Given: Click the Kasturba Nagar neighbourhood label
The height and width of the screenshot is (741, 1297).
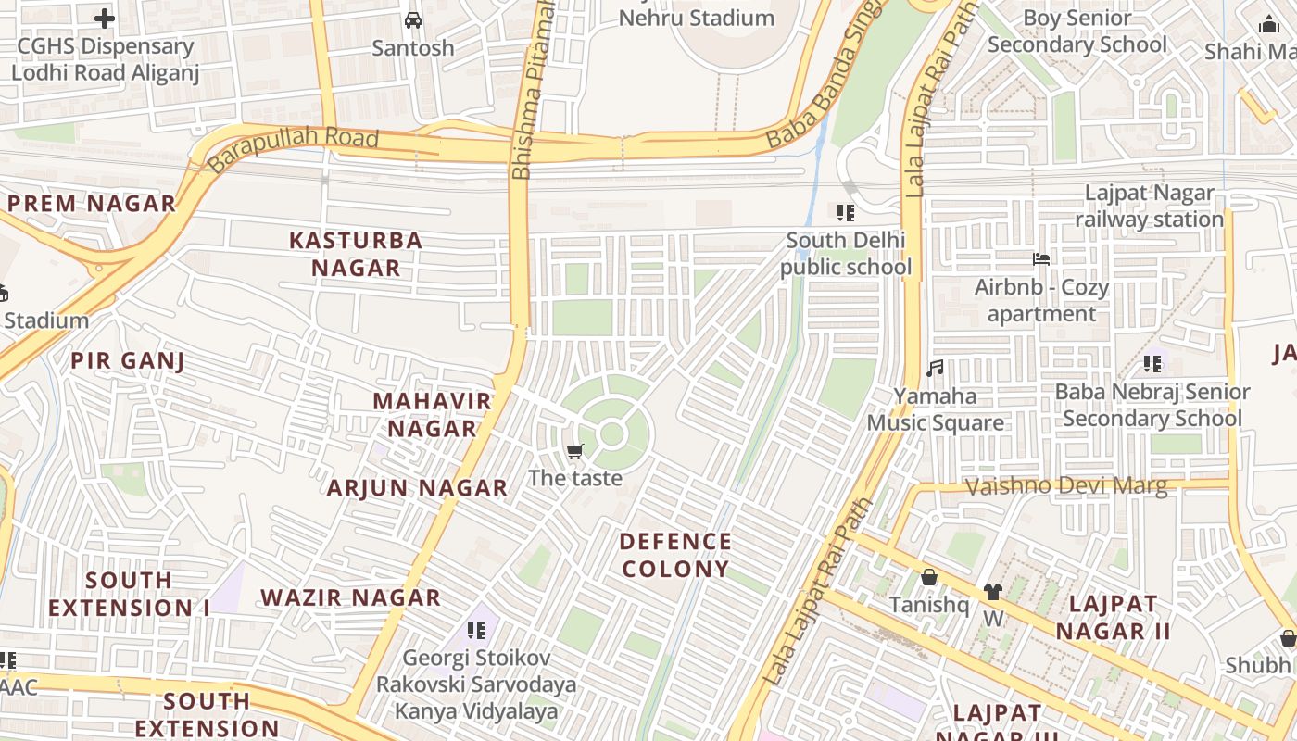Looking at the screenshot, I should [x=356, y=254].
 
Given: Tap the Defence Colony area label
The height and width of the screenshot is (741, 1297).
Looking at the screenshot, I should [x=675, y=555].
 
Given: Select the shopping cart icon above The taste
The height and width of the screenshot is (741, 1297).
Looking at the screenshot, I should [x=574, y=452].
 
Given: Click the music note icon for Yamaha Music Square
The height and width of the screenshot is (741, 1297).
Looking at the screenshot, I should [x=935, y=369].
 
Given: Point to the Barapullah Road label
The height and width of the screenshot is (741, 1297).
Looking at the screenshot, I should [x=294, y=149].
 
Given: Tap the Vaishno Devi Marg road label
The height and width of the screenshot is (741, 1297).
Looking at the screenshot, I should [x=1066, y=486].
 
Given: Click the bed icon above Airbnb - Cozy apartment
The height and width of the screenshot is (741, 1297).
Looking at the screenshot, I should [x=1041, y=259].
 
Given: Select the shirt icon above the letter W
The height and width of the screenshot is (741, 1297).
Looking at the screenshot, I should [x=993, y=592].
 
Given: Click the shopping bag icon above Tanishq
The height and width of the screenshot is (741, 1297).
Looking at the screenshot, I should [x=929, y=578].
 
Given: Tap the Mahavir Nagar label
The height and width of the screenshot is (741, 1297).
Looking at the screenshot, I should [x=432, y=415].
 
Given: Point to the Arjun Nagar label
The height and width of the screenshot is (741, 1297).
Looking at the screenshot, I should [x=417, y=488].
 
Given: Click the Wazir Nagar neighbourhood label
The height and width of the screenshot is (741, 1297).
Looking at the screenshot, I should [x=350, y=597].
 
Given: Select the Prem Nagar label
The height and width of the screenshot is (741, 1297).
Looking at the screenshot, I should [x=91, y=204].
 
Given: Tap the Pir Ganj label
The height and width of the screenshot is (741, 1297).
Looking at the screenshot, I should [x=128, y=361].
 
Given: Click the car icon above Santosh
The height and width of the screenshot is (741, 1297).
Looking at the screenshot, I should [x=413, y=20].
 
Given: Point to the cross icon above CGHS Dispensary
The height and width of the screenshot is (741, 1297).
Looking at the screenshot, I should [x=105, y=18].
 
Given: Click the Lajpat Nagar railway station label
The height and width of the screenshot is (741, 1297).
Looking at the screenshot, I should [x=1149, y=207].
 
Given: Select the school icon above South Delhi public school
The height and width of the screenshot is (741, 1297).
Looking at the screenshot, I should [x=845, y=213].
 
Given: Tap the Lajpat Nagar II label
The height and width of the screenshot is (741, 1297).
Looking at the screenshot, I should [x=1113, y=618].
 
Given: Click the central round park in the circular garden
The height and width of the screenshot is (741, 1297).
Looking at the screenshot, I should [x=611, y=433].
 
